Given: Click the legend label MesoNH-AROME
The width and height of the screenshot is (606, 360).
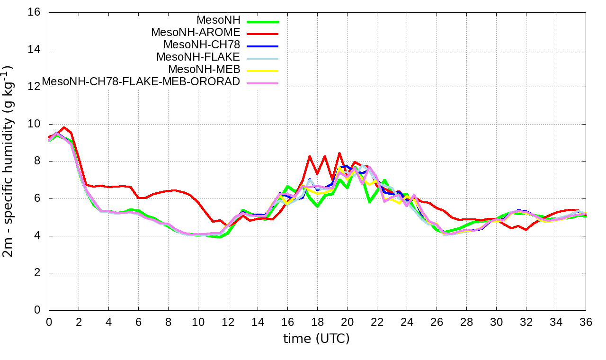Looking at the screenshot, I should pyautogui.click(x=196, y=33).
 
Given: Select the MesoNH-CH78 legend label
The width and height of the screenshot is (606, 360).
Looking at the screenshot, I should pyautogui.click(x=202, y=45).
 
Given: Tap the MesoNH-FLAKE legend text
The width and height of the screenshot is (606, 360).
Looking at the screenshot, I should pyautogui.click(x=198, y=57).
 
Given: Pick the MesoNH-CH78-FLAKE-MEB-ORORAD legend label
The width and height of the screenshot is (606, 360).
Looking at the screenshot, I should pyautogui.click(x=141, y=82).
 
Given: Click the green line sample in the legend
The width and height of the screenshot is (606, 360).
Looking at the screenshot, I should pyautogui.click(x=261, y=21).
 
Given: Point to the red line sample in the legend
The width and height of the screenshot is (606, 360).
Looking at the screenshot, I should pyautogui.click(x=261, y=34).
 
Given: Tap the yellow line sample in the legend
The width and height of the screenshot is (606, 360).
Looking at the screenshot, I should pyautogui.click(x=261, y=71).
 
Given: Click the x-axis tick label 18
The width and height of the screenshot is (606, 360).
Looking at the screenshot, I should pyautogui.click(x=317, y=322).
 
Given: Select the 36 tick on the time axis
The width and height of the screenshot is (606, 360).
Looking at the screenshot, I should pyautogui.click(x=586, y=322).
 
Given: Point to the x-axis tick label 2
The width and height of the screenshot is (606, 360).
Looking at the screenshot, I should pyautogui.click(x=79, y=322).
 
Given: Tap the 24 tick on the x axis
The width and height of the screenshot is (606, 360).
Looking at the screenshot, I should pyautogui.click(x=407, y=322).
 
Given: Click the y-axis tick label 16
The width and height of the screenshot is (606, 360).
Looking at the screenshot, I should pyautogui.click(x=34, y=12).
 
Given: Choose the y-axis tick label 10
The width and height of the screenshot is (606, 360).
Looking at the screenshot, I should pyautogui.click(x=34, y=124).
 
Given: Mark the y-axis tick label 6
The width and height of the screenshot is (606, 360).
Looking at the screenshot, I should pyautogui.click(x=37, y=198).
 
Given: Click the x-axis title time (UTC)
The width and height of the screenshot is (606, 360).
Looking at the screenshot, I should pyautogui.click(x=316, y=339).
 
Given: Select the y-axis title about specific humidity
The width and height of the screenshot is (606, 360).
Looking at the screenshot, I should pyautogui.click(x=9, y=161).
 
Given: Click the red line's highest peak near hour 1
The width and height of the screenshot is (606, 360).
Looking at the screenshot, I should pyautogui.click(x=64, y=127).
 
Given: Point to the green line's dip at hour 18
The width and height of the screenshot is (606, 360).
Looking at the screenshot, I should pyautogui.click(x=317, y=207).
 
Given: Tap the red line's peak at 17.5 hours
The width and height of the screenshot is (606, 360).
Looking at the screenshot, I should pyautogui.click(x=310, y=156).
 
